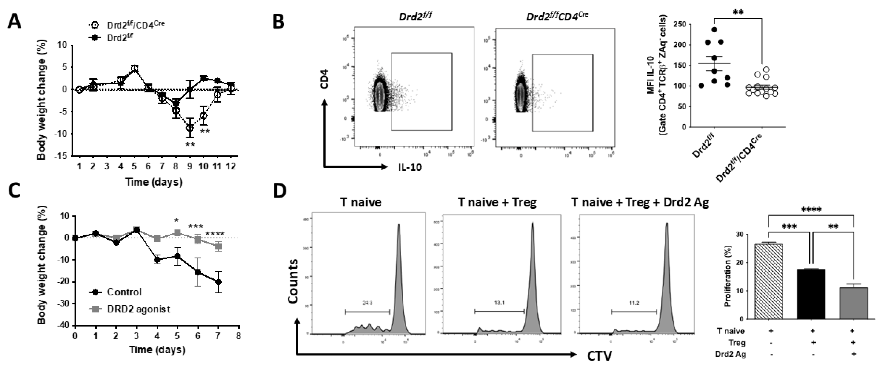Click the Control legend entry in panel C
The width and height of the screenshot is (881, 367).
coord(124,292)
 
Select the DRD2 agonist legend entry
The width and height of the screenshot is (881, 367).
coord(138,309)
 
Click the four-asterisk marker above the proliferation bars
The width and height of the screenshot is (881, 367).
coord(811,210)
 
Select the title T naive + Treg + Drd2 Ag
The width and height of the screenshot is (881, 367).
coord(640,202)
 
